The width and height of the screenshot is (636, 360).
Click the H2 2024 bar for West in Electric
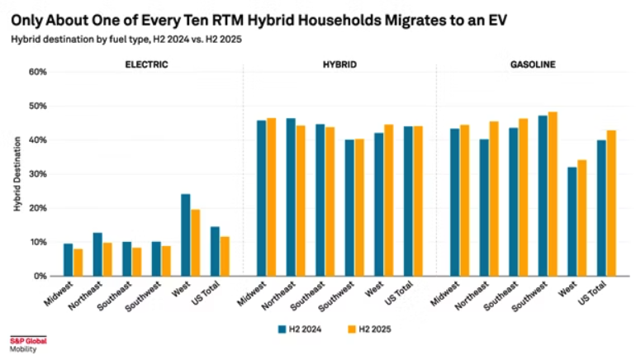tap(186, 235)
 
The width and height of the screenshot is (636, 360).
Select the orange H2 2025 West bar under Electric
tap(196, 243)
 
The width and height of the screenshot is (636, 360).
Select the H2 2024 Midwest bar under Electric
tap(68, 260)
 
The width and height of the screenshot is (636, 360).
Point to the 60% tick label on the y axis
tap(37, 72)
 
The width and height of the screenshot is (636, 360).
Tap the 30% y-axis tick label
tap(37, 174)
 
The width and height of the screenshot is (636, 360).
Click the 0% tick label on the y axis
tap(40, 276)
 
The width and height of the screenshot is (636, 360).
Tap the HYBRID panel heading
tap(339, 63)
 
